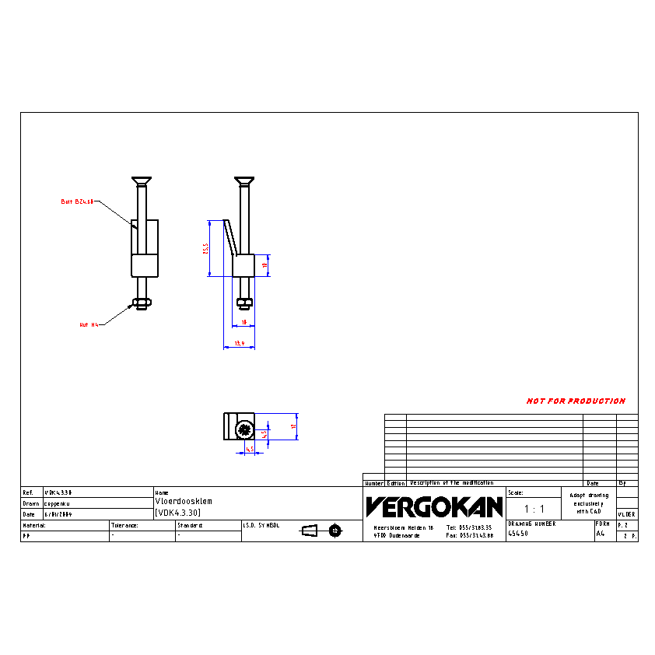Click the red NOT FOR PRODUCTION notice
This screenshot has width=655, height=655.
click(x=576, y=401)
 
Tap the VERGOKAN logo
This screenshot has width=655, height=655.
click(x=434, y=507)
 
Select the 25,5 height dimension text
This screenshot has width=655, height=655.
click(x=205, y=248)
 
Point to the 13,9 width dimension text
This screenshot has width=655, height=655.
click(x=240, y=343)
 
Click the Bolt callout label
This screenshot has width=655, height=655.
click(x=77, y=201)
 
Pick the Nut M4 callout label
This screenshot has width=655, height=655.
click(x=89, y=324)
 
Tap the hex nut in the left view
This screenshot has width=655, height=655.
click(x=141, y=303)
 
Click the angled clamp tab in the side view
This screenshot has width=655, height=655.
click(x=229, y=236)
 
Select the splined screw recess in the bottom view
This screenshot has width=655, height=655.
click(x=244, y=428)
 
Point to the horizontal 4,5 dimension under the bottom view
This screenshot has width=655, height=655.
click(x=250, y=449)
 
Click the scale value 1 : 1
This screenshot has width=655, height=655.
click(x=533, y=509)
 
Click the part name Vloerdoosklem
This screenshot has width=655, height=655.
click(x=184, y=502)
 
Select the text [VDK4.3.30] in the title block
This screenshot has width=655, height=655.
click(x=178, y=513)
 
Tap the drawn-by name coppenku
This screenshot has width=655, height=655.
click(x=58, y=503)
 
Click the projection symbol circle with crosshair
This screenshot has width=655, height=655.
click(x=335, y=531)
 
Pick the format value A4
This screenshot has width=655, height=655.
click(x=600, y=534)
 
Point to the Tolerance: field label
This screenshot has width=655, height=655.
click(x=124, y=525)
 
